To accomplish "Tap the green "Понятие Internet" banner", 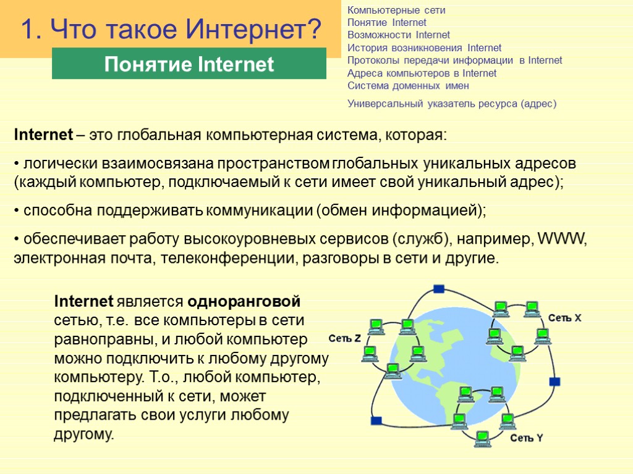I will pos(189,64).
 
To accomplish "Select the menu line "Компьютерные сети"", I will pos(396,10).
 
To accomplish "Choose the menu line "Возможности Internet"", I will pos(399,35).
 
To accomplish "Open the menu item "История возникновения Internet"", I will pos(424,48).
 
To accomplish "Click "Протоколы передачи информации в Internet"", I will pos(454,60).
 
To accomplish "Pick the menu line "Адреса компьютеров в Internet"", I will pos(422,73).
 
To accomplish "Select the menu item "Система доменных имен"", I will pos(408,86).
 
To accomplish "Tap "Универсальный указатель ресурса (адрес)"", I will pos(451,104).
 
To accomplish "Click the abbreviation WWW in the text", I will pos(561,239).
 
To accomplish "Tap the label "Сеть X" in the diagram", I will pos(564,318).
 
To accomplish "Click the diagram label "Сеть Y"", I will pos(526,439).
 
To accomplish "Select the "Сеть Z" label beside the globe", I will pos(344,339).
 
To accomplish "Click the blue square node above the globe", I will pos(439,289).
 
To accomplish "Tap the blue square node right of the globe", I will pos(554,381).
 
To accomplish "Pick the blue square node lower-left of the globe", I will pos(376,421).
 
